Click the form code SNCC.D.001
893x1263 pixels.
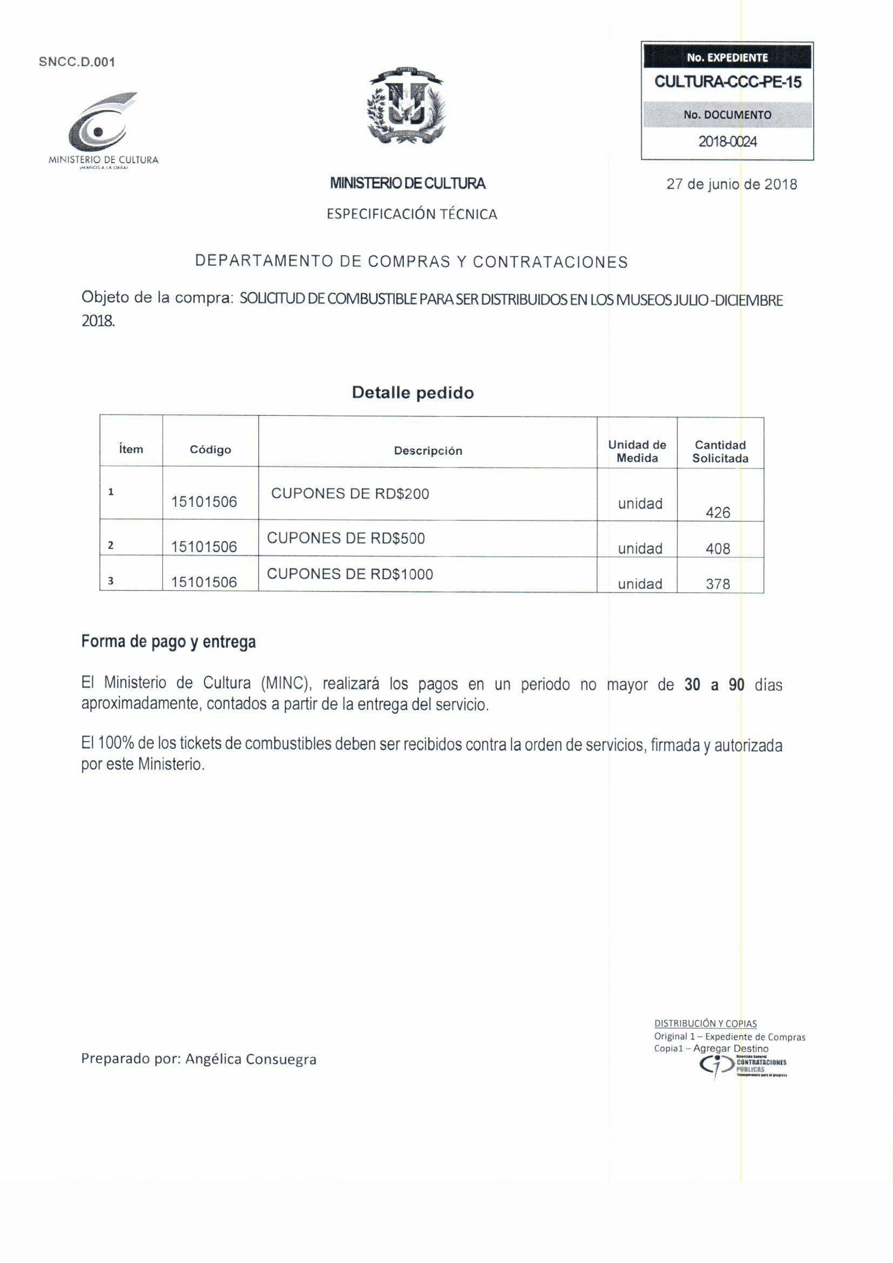pos(77,62)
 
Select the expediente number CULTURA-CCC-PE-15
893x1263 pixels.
pos(727,83)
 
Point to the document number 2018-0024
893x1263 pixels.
pos(727,142)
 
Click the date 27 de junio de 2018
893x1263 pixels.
pos(732,184)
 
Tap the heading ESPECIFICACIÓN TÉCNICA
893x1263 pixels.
pos(412,214)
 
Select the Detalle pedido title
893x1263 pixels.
pos(412,393)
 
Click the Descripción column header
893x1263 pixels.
pos(428,451)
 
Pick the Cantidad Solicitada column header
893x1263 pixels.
pos(720,452)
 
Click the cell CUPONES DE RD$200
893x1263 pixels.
pos(350,494)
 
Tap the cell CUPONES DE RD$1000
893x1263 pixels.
pos(350,574)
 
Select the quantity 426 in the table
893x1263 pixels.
pos(718,513)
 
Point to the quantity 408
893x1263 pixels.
pos(718,549)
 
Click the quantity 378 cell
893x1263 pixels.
pos(718,584)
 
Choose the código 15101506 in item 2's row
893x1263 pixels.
pos(204,547)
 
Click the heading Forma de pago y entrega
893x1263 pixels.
pos(168,642)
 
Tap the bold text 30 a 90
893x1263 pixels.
pos(714,685)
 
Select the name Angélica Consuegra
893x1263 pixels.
pos(251,1059)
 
